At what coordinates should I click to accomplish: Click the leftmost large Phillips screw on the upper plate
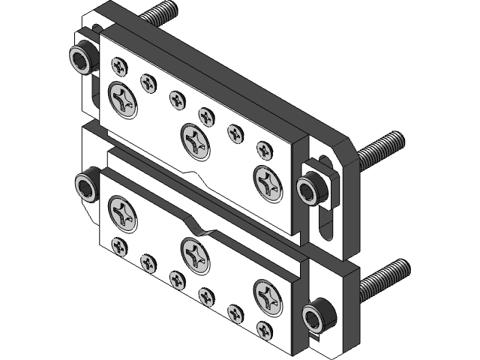123,99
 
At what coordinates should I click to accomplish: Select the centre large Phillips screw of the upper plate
196,139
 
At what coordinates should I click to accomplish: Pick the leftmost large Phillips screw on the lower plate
123,212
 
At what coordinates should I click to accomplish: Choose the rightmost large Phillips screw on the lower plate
269,295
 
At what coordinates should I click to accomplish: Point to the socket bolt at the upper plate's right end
310,188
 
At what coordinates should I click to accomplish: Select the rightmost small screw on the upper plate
264,148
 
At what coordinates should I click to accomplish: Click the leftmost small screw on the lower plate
118,245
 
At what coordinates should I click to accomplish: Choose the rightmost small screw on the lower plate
264,328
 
